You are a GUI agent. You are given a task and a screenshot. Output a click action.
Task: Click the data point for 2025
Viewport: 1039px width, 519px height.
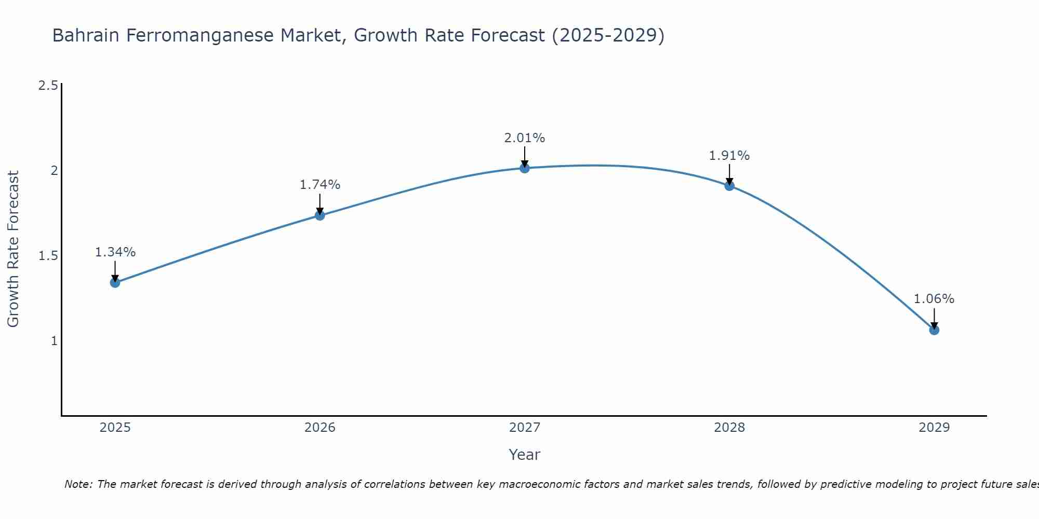[x=115, y=282]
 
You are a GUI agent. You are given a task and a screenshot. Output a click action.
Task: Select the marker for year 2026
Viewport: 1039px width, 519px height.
[x=320, y=215]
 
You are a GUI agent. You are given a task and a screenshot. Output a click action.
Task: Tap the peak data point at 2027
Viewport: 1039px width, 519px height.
[x=525, y=168]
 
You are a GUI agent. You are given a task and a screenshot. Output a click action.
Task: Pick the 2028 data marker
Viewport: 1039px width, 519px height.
[x=729, y=185]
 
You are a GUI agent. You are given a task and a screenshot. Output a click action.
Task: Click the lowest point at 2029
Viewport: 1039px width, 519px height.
[x=934, y=330]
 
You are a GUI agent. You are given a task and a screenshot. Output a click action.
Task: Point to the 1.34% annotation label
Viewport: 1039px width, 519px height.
[x=115, y=252]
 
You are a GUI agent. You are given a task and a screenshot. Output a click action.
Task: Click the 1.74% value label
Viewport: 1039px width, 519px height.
[x=320, y=185]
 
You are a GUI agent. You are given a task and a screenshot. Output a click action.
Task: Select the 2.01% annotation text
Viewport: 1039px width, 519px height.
[x=525, y=138]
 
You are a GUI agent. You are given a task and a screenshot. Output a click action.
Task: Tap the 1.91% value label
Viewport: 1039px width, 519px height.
[x=729, y=156]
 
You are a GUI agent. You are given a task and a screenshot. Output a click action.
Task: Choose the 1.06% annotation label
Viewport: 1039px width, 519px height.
[x=934, y=299]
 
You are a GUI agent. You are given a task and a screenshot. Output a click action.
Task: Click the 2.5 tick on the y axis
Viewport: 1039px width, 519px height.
[x=48, y=86]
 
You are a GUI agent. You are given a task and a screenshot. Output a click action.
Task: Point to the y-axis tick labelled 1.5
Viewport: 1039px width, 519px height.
[x=48, y=256]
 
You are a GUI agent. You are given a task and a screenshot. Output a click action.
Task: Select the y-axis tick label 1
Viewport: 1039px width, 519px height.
[x=54, y=341]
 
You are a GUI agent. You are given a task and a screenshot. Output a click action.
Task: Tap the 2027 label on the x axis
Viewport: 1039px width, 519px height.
[x=525, y=428]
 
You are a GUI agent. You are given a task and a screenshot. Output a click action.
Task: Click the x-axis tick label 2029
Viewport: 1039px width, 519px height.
[x=934, y=428]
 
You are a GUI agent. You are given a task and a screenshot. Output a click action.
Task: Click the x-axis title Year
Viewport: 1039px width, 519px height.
[x=525, y=455]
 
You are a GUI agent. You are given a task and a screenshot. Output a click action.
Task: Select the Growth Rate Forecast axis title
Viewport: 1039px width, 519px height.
[x=14, y=249]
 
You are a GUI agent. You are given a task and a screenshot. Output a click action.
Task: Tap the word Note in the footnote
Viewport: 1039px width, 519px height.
[x=77, y=484]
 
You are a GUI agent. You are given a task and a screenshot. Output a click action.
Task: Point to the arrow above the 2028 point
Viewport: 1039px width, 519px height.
[x=729, y=174]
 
